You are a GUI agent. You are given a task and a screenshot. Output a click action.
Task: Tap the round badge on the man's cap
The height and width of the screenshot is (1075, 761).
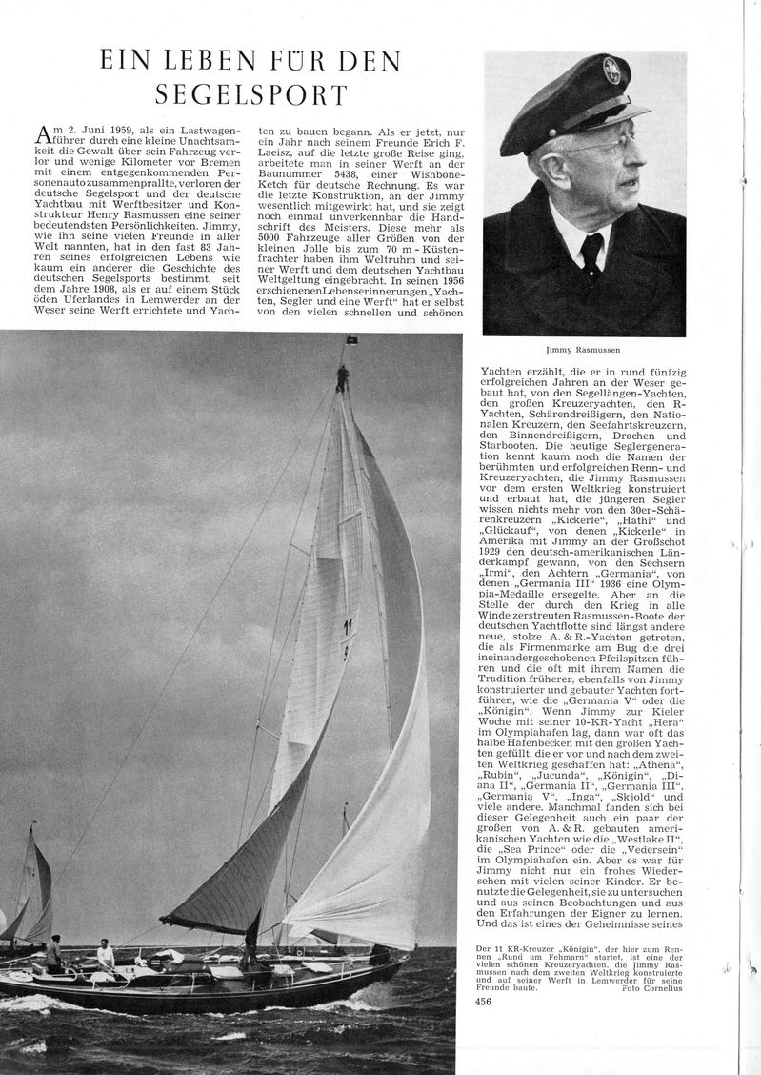611,71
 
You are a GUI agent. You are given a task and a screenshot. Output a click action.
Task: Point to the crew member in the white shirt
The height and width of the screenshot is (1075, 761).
104,952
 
